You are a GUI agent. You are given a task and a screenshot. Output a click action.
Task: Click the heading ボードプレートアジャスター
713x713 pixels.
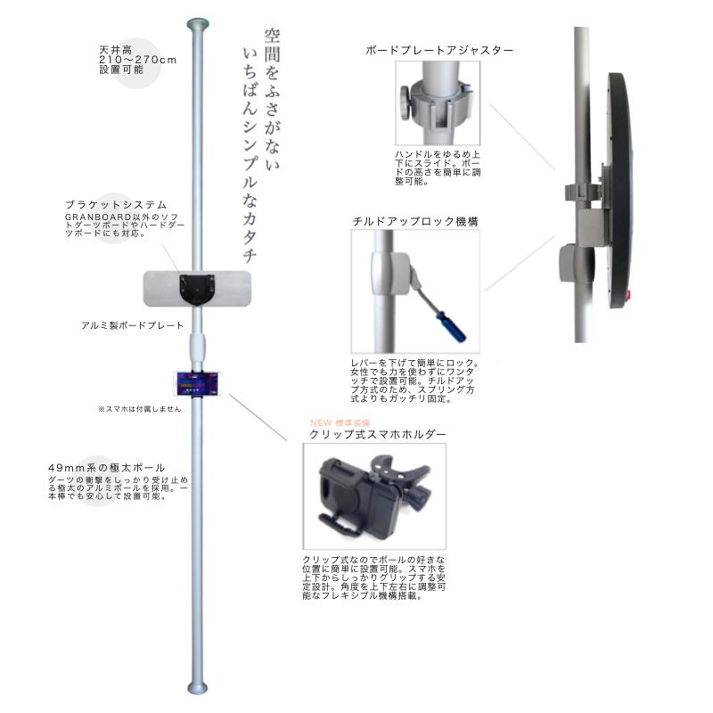(439, 51)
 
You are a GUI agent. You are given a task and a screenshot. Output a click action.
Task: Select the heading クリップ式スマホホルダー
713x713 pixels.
(377, 434)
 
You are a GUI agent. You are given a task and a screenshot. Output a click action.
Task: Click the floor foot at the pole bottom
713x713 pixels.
(195, 687)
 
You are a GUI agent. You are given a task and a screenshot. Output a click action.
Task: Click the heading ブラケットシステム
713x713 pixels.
(115, 204)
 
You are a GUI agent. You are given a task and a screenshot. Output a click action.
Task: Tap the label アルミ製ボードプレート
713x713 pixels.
(132, 326)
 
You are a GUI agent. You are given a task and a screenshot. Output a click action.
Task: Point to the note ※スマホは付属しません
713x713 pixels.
(139, 409)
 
